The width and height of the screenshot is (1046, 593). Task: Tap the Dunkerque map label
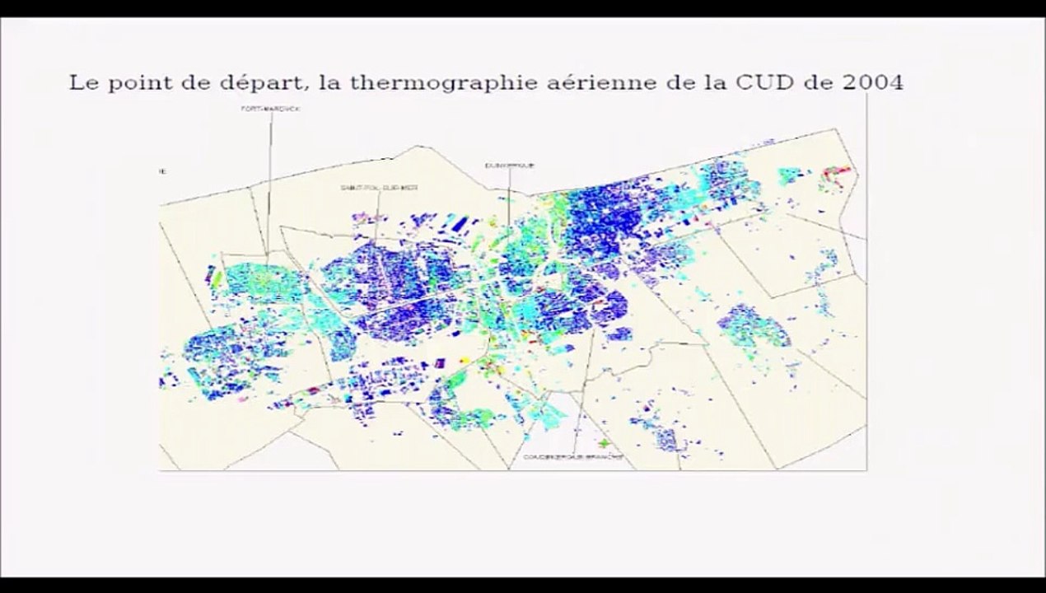coord(508,166)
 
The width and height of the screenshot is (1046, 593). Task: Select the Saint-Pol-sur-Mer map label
coord(380,188)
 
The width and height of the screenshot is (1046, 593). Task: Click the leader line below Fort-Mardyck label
coord(269,181)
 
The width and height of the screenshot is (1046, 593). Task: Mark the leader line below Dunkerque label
coord(508,198)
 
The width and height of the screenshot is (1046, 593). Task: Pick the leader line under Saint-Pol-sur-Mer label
coord(376,218)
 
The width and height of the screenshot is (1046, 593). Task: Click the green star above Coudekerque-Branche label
coord(605,444)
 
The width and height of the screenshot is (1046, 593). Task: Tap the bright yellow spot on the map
coord(463,360)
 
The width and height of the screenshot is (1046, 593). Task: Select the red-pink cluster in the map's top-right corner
coord(839,173)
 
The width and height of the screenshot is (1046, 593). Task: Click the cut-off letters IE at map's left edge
coord(163,171)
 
